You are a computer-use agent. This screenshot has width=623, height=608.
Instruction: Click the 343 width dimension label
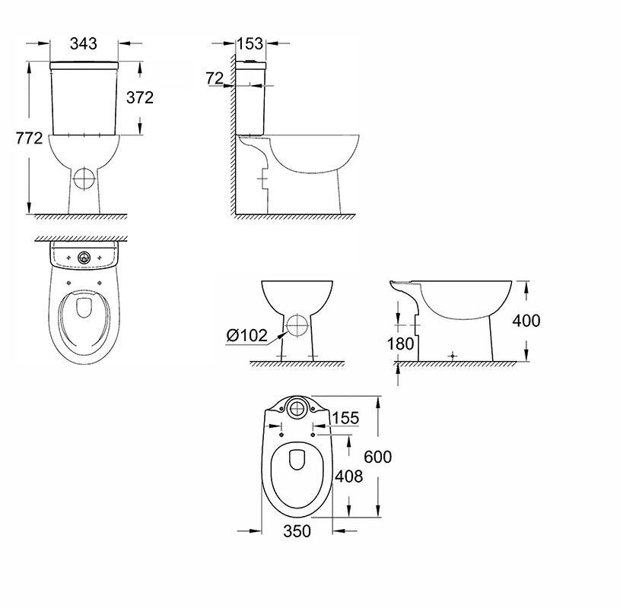[x=84, y=43]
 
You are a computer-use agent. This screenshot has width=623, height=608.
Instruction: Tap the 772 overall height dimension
[x=29, y=138]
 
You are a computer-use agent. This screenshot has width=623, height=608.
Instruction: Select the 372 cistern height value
[x=140, y=97]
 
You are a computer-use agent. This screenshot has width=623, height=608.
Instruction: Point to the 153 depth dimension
[x=250, y=43]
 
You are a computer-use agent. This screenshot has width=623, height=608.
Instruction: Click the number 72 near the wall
[x=215, y=78]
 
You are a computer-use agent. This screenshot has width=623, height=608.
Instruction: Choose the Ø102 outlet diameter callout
[x=246, y=335]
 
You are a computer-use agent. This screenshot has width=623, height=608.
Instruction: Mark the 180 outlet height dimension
[x=400, y=344]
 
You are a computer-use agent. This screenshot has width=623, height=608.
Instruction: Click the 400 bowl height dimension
[x=526, y=321]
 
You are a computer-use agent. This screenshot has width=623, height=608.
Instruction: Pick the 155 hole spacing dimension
[x=345, y=417]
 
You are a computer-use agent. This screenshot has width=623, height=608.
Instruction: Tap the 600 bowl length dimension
[x=378, y=457]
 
